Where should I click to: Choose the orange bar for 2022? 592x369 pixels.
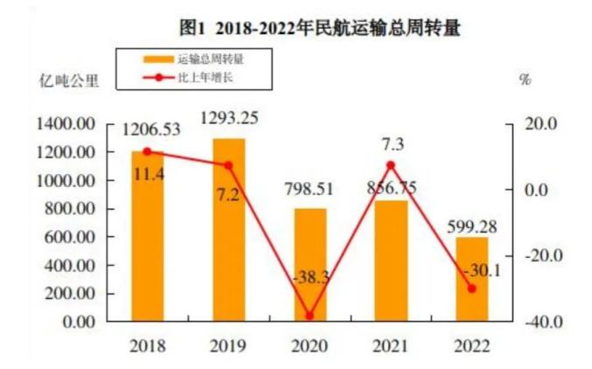coord(472,279)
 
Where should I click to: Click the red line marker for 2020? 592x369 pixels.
coord(310,316)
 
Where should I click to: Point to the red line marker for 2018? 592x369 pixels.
coord(147,151)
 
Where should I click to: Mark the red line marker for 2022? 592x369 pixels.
coord(472,289)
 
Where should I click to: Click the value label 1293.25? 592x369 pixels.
coord(229,117)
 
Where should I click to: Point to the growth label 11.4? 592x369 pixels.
coord(147,176)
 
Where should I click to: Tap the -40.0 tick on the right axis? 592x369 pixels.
coord(540,322)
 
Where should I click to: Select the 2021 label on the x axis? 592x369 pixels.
coord(391,345)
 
